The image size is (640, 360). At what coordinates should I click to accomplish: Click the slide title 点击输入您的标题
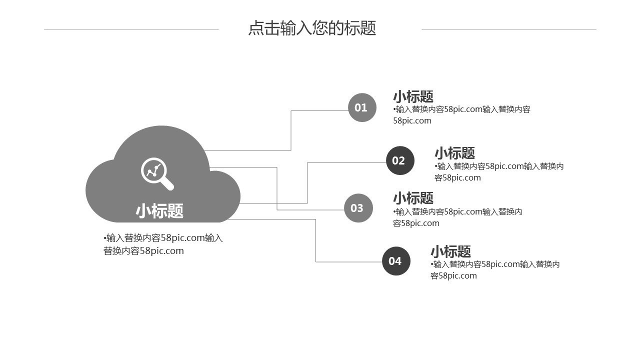(x=312, y=28)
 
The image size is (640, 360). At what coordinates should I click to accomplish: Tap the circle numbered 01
(x=361, y=107)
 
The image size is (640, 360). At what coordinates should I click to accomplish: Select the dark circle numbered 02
(x=400, y=160)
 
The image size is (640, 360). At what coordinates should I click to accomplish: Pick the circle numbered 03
(x=358, y=208)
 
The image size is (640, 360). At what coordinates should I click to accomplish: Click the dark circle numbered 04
(x=396, y=261)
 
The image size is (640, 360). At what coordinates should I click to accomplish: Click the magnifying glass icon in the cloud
(x=156, y=173)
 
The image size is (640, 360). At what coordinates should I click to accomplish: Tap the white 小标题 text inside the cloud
(x=159, y=211)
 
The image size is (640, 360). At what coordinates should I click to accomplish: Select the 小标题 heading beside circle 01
(x=413, y=96)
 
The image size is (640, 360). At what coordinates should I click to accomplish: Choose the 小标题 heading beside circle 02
(x=454, y=153)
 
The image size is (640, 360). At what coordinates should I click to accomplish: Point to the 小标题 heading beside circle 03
(x=413, y=198)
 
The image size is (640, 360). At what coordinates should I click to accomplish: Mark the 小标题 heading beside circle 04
(x=450, y=251)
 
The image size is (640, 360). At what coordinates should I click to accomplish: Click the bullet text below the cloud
(x=163, y=244)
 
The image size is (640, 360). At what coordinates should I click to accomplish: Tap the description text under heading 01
(x=461, y=115)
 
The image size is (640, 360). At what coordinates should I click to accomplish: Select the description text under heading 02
(x=498, y=172)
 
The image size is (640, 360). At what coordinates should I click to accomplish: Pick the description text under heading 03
(x=457, y=217)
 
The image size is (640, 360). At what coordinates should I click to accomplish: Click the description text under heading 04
(x=494, y=270)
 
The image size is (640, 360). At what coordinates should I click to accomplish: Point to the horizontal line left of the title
(x=131, y=29)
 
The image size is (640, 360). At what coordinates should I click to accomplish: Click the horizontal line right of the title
(x=508, y=29)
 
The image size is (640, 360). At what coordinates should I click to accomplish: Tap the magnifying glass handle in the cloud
(x=167, y=184)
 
